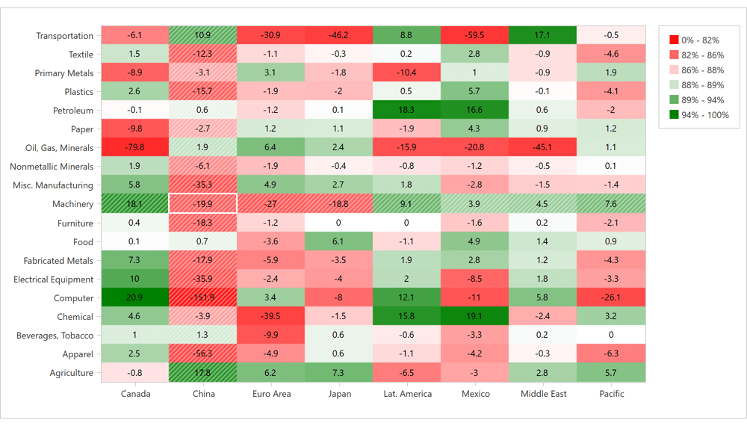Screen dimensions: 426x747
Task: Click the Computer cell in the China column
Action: [x=203, y=298]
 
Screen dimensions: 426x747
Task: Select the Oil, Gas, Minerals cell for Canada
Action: [x=134, y=148]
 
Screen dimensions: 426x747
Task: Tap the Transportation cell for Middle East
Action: [x=543, y=35]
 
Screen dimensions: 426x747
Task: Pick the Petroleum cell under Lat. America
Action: [x=406, y=111]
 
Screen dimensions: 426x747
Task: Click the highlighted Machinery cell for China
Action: [x=203, y=204]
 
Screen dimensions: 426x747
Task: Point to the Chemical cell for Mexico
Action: [x=475, y=317]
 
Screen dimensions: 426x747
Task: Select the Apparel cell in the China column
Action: [x=203, y=354]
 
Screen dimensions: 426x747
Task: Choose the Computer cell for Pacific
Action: [x=611, y=298]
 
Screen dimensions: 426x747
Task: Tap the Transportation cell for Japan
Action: [x=338, y=35]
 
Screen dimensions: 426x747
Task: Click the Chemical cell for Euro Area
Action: [x=270, y=317]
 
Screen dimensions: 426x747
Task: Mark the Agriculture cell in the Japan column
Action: [x=338, y=373]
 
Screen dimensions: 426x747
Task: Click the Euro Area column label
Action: [x=270, y=394]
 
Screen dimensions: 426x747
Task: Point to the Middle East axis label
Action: [x=543, y=394]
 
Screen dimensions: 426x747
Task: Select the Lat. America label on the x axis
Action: [x=406, y=394]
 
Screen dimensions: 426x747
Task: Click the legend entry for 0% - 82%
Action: [x=694, y=40]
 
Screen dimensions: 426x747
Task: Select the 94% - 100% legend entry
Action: [x=698, y=115]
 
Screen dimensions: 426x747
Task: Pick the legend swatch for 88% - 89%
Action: [x=675, y=85]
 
